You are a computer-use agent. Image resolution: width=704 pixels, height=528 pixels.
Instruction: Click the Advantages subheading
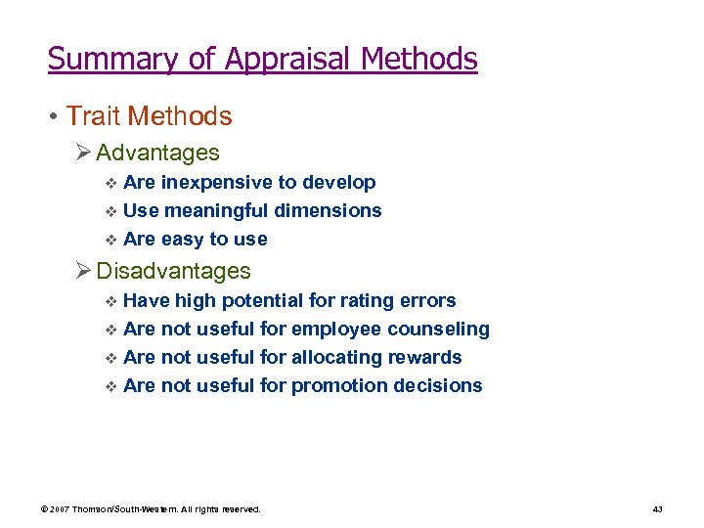pos(158,154)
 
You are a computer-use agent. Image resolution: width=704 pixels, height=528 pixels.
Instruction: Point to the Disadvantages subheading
pos(174,271)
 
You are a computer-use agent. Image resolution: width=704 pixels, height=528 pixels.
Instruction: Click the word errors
pos(426,300)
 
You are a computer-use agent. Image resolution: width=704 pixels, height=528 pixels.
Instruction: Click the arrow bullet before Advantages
pos(84,154)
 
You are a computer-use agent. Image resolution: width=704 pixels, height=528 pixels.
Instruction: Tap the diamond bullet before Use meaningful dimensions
pos(110,211)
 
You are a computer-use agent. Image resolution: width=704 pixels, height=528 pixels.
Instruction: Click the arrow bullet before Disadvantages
pos(84,271)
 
